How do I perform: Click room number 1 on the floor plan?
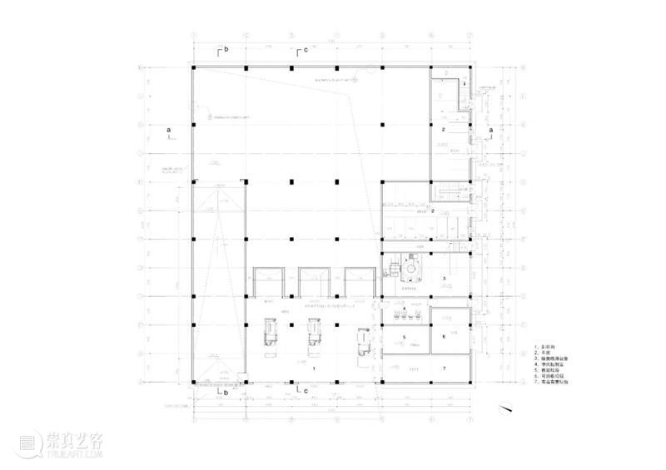(314, 367)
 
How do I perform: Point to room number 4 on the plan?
(405, 309)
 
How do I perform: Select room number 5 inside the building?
(404, 337)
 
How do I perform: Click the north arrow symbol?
(504, 408)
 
